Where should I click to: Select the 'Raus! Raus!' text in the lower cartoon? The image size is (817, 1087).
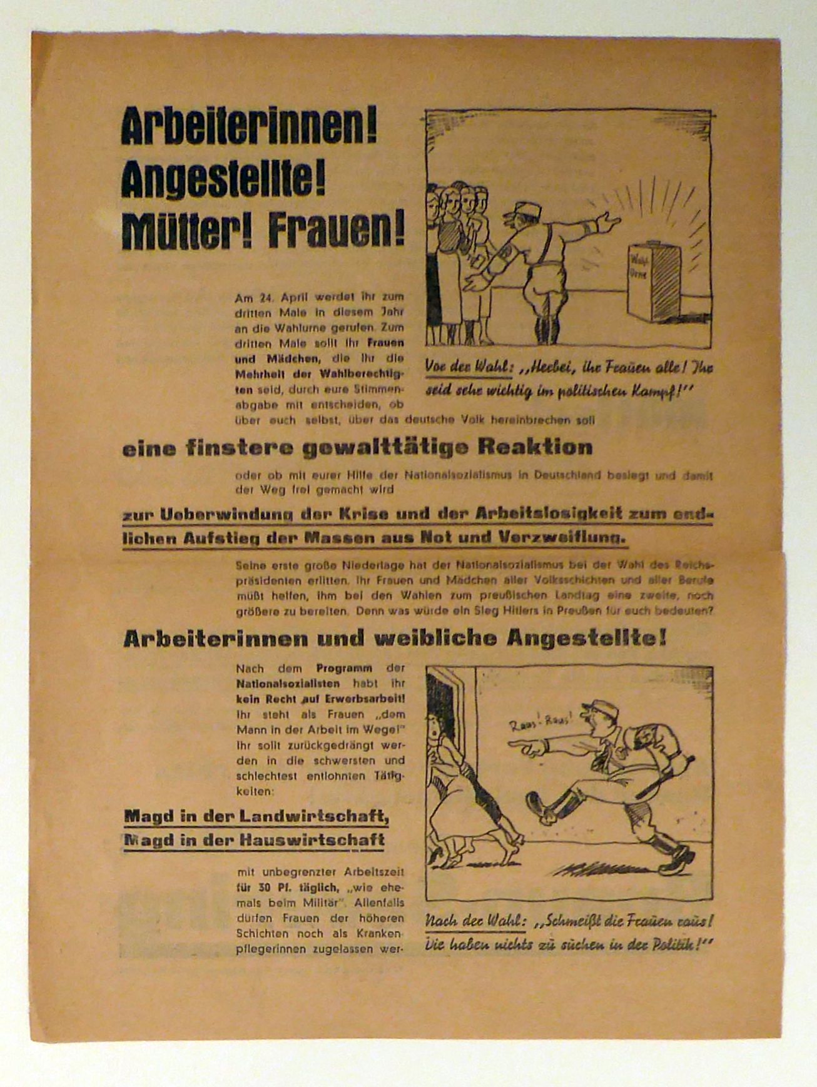coord(540,722)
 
